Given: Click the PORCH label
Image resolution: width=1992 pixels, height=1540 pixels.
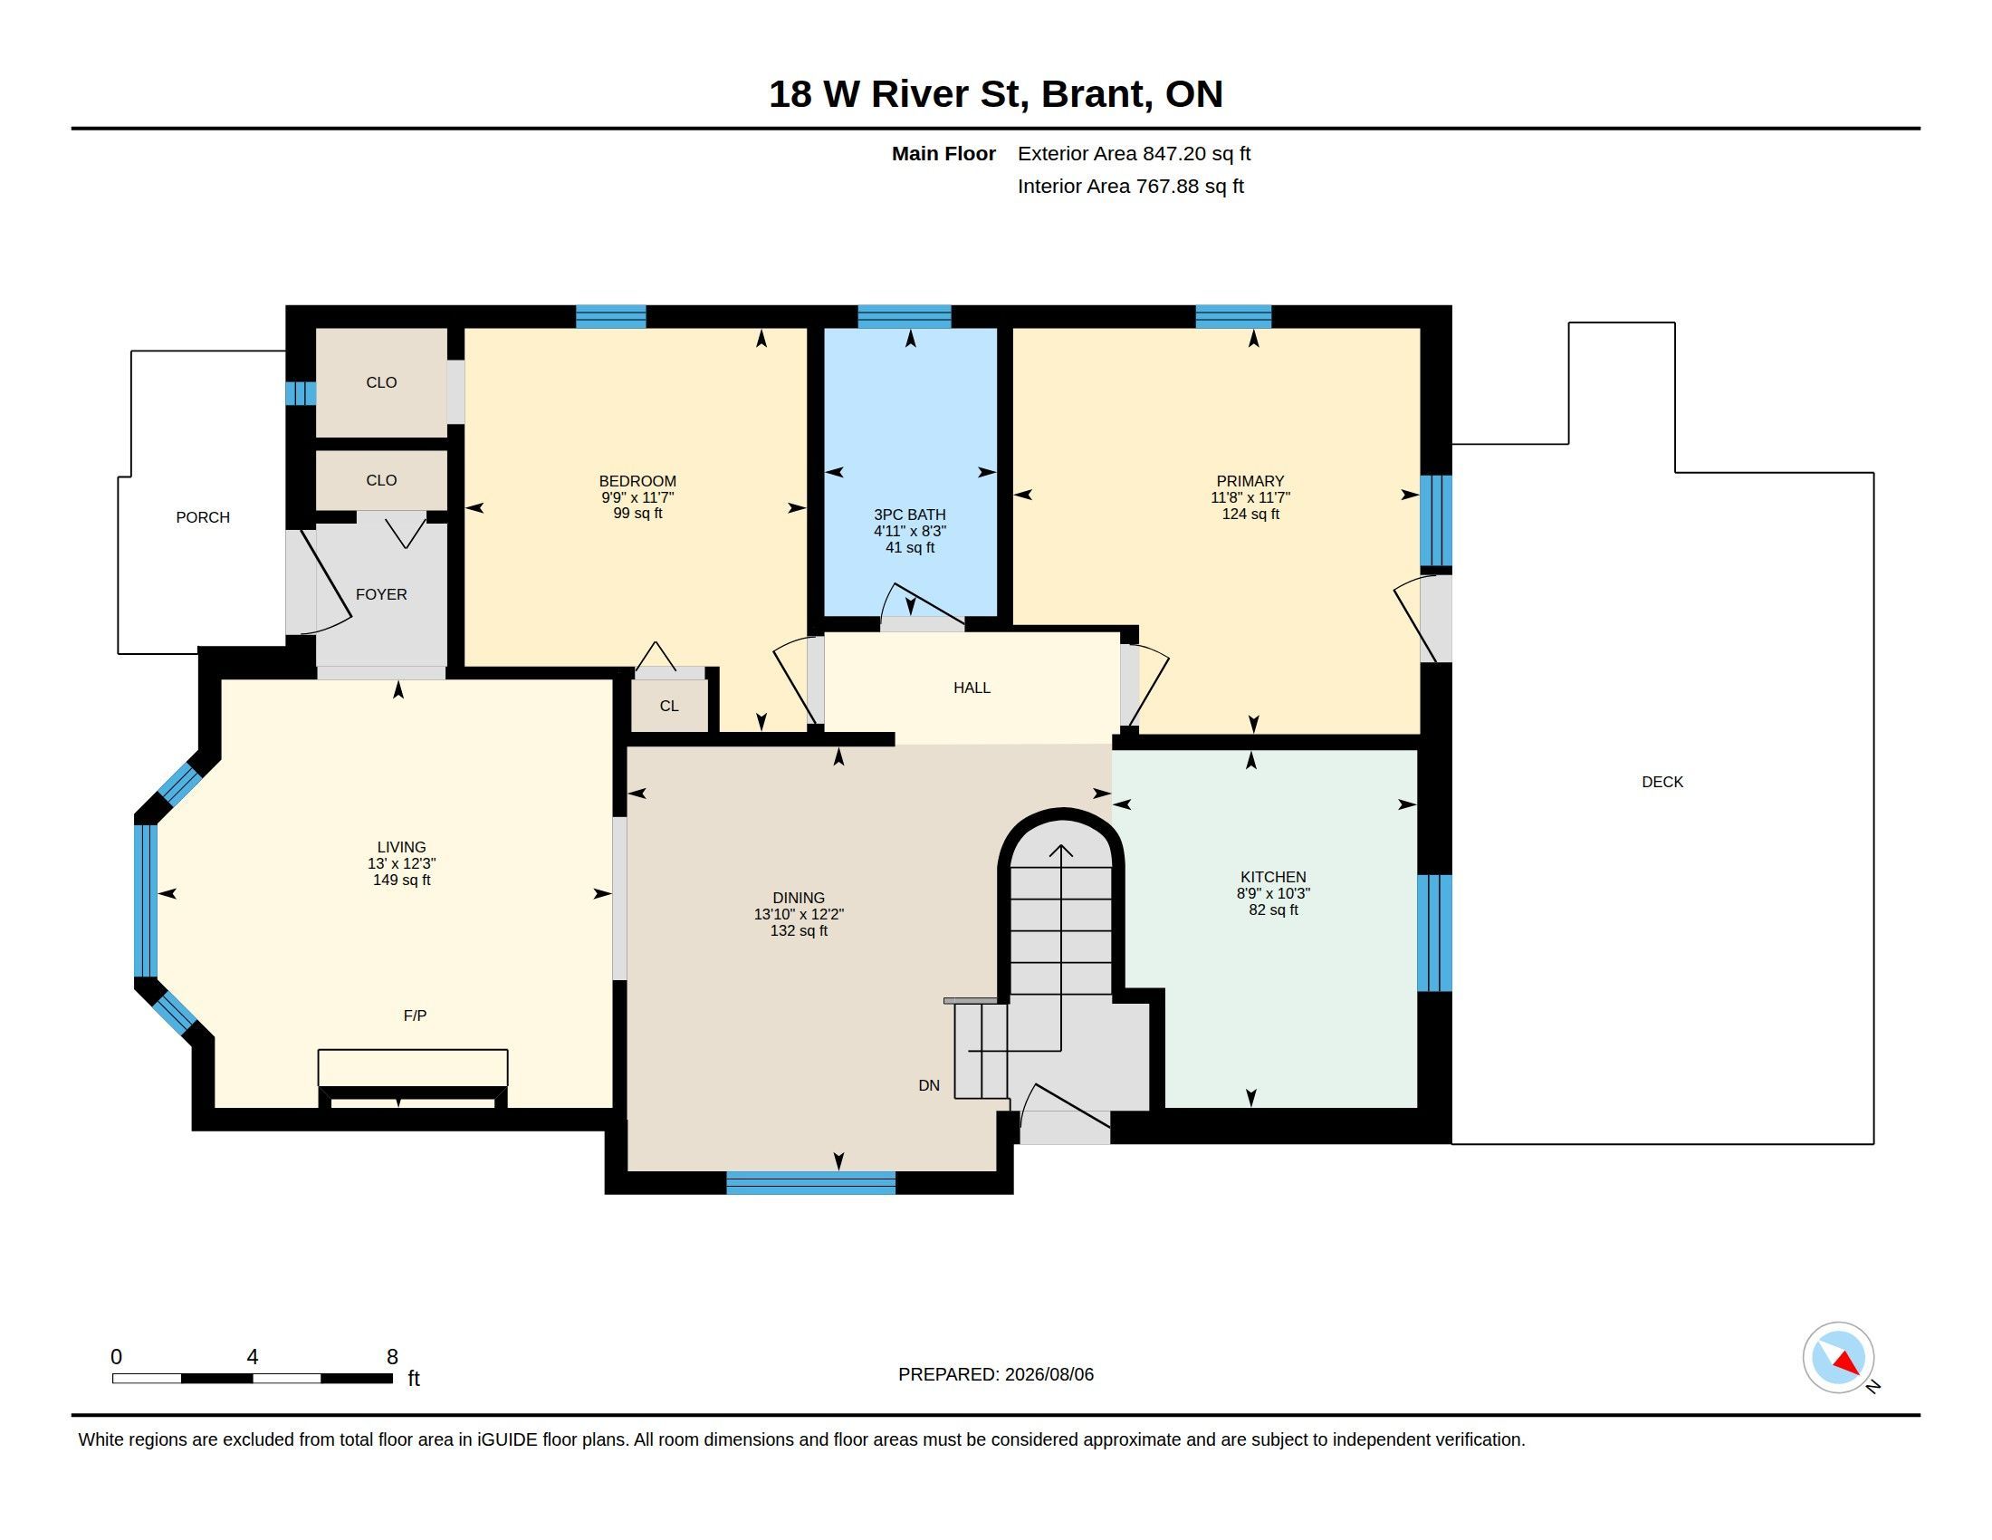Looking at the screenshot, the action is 203,517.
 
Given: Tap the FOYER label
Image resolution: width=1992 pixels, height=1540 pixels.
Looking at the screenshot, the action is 381,594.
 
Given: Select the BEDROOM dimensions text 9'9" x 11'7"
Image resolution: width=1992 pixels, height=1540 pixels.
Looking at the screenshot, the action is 637,497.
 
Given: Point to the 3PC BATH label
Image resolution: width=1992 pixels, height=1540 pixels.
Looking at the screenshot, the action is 909,515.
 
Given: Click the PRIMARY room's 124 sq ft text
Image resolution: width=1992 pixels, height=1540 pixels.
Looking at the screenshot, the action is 1250,514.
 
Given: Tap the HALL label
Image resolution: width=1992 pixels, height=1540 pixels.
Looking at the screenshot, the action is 972,688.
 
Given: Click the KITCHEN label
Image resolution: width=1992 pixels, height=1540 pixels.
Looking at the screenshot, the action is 1273,877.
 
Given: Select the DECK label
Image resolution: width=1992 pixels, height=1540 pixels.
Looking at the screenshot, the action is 1662,782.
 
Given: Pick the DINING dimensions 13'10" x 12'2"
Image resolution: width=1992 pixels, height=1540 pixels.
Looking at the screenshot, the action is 799,914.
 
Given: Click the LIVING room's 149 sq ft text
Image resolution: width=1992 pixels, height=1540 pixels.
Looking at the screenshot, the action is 401,880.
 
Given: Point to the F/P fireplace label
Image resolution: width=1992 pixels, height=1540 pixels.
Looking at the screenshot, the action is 415,1015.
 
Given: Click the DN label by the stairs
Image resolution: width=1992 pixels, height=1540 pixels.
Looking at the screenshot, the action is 928,1085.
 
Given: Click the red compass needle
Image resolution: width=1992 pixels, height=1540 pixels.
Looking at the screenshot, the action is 1846,1363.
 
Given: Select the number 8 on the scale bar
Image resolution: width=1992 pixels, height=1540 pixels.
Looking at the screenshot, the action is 392,1357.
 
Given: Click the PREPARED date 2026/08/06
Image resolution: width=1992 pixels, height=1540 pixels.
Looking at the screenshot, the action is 1049,1374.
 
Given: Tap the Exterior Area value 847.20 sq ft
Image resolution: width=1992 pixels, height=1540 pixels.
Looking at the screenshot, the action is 1197,153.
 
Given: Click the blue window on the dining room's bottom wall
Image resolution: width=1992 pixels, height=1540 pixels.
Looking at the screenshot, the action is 811,1182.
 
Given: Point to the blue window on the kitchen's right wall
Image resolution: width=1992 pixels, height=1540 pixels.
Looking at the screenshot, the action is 1434,932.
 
